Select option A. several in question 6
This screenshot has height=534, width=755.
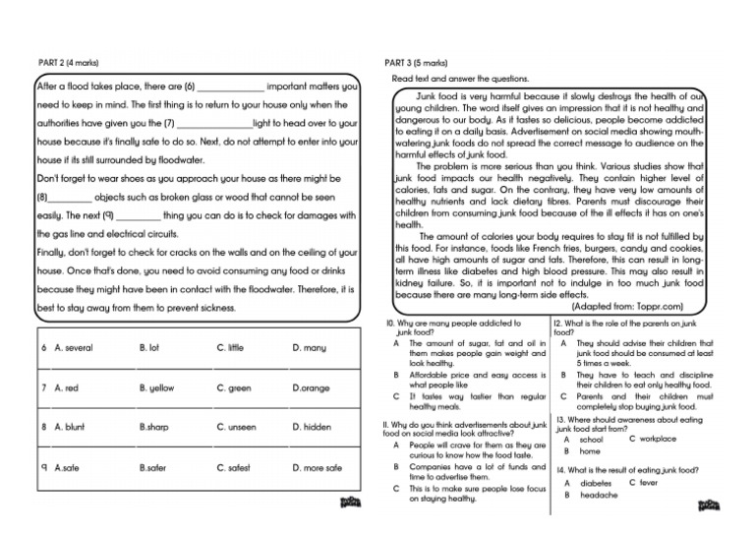point(74,348)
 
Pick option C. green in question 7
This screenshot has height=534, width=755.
point(234,388)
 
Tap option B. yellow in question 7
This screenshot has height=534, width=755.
point(157,388)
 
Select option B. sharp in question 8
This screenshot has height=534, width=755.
point(154,428)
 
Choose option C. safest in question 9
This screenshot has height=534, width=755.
point(234,468)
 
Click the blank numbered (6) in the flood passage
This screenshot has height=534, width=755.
point(231,87)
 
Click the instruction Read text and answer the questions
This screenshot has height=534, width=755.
point(460,79)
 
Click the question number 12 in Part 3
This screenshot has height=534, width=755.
point(557,323)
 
